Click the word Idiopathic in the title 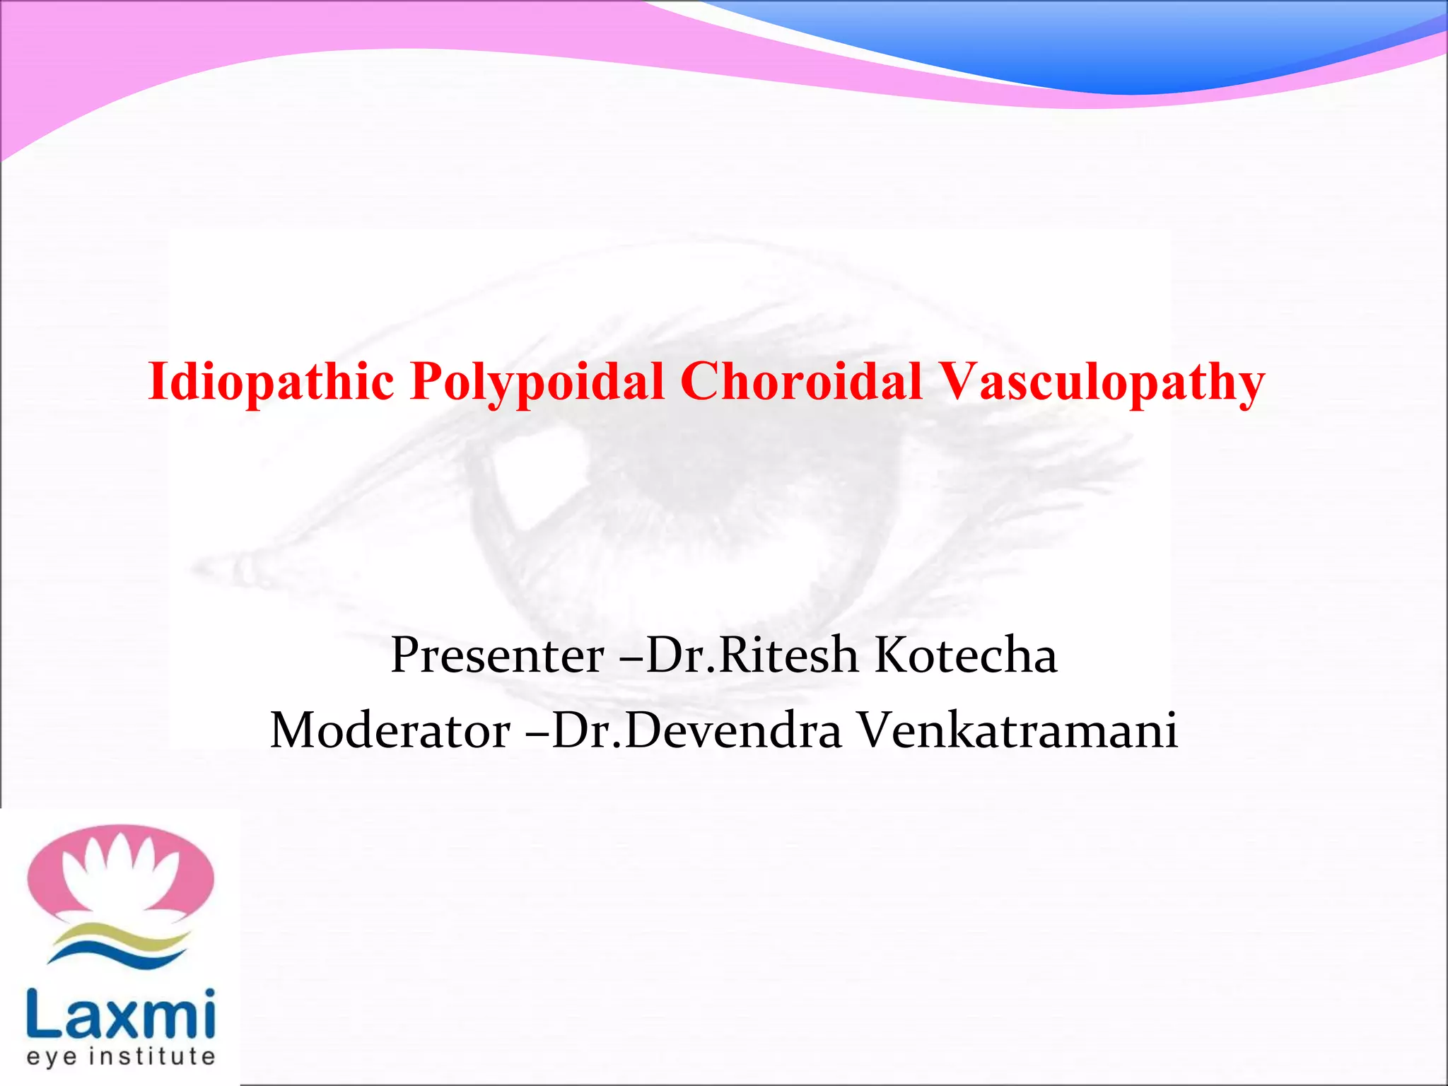[x=271, y=382]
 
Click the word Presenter [x=496, y=655]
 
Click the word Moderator [x=390, y=730]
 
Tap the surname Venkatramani [x=1018, y=730]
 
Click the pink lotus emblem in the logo [x=42, y=877]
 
